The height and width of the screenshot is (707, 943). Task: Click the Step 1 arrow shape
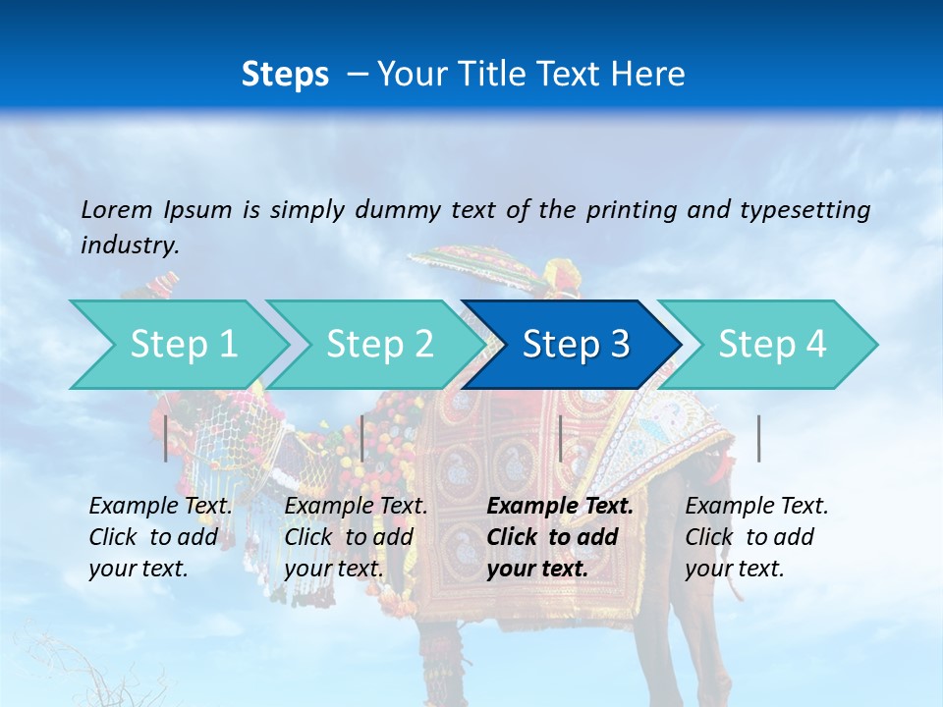[183, 345]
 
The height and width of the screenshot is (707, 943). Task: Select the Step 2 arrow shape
[379, 345]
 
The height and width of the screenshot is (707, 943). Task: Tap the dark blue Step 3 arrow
[575, 345]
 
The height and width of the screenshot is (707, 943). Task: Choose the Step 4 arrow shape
[771, 345]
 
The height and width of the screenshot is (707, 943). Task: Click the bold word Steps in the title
[285, 74]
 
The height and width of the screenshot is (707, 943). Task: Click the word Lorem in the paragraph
[117, 209]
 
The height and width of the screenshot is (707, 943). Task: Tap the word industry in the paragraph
[129, 245]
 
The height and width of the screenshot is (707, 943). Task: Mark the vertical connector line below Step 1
[166, 438]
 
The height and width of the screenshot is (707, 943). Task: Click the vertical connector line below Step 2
[362, 438]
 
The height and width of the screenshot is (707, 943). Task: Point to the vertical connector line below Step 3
[560, 438]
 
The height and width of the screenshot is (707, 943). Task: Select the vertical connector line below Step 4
[759, 438]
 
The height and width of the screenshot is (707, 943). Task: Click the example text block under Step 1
[160, 537]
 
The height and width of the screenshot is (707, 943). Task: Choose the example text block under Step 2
[356, 537]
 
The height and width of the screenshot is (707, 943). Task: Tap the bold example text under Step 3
[560, 537]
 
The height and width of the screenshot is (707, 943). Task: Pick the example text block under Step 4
[756, 537]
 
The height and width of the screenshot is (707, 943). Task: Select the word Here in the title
[653, 74]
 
